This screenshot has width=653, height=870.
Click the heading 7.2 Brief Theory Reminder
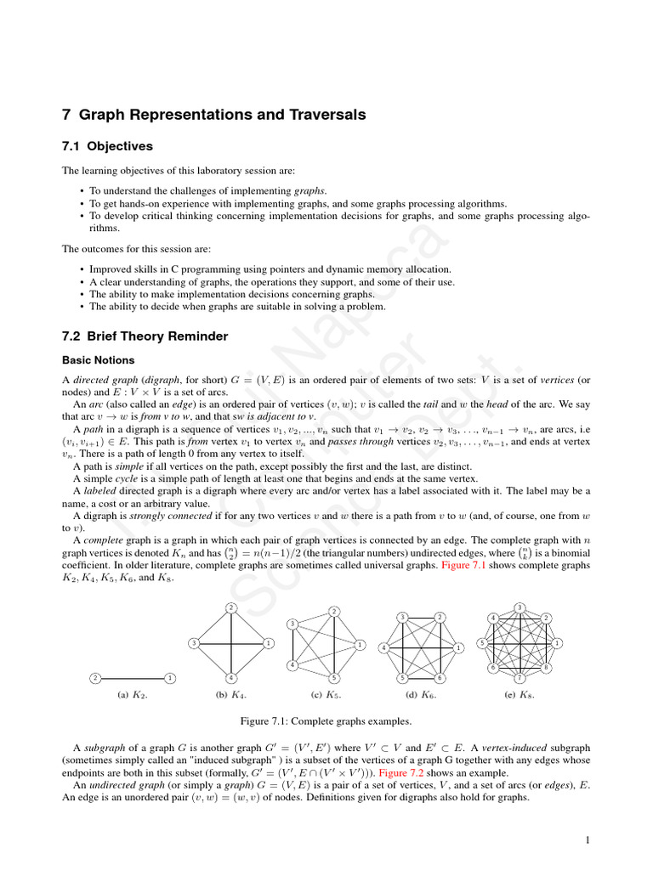point(145,336)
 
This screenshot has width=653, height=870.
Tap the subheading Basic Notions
point(99,360)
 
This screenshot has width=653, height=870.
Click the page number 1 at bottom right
point(587,841)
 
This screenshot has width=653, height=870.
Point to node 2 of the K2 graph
point(95,678)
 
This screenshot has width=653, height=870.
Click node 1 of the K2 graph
point(171,678)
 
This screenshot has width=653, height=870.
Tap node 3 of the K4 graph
point(195,643)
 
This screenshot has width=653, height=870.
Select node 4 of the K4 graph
point(231,678)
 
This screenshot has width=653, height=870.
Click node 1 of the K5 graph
point(361,645)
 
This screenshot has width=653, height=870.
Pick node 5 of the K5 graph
point(334,678)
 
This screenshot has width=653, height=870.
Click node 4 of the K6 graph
point(383,648)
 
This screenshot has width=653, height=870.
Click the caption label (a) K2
point(133,694)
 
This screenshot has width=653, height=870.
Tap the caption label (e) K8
point(520,694)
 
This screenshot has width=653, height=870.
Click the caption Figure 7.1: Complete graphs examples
point(326,721)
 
